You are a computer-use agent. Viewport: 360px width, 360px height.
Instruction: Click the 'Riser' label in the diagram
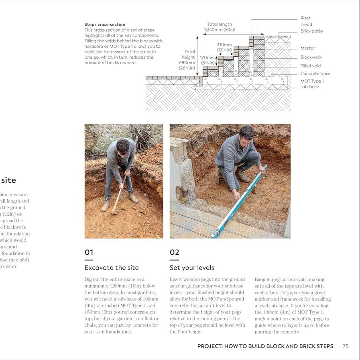(305, 18)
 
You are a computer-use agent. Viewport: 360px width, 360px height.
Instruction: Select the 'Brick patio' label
(311, 31)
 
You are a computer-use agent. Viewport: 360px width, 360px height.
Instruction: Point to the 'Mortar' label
(307, 48)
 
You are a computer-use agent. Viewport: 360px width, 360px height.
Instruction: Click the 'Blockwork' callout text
(311, 57)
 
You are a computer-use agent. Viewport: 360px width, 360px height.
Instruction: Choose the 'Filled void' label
(311, 66)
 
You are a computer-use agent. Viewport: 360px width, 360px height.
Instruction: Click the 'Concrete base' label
(315, 74)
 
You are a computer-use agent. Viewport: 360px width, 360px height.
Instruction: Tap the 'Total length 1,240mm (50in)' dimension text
(220, 27)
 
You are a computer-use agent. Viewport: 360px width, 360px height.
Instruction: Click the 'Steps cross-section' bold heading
(105, 25)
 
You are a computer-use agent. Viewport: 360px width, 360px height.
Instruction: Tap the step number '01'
(89, 252)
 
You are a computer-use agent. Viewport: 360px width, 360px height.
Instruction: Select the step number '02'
(174, 252)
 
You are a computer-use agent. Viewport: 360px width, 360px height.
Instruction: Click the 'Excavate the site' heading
(112, 268)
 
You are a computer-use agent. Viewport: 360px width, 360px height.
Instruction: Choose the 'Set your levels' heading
(192, 268)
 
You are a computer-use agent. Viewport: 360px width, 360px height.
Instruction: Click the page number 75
(346, 346)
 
